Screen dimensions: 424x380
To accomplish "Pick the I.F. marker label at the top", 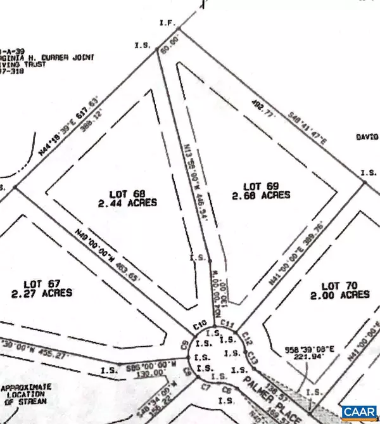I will [167, 23].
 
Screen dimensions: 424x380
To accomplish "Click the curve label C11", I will [229, 324].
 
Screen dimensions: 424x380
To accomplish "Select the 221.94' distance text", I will [294, 357].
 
